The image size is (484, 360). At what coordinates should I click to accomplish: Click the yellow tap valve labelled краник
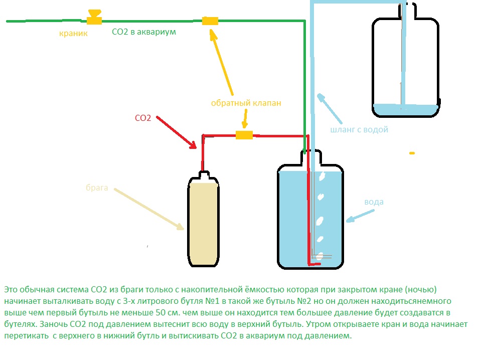point(93,19)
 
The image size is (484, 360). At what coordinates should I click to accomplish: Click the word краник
point(73,34)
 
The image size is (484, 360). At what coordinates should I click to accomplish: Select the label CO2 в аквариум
point(143,32)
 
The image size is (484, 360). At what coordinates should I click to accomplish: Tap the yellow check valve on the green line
point(210,21)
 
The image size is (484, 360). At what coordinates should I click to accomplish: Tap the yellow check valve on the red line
point(244,135)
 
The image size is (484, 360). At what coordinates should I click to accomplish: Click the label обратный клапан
point(246,103)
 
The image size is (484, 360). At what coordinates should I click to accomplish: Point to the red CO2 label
point(143,118)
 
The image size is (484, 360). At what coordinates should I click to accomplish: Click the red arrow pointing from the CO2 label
point(176,133)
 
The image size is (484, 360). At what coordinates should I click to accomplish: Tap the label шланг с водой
point(359,130)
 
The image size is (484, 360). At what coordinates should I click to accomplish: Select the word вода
point(374,202)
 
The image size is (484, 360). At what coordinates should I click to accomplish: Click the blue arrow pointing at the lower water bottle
point(359,216)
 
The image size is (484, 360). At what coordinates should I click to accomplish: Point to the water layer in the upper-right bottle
point(405,110)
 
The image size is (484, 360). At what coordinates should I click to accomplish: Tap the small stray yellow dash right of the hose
point(412,153)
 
